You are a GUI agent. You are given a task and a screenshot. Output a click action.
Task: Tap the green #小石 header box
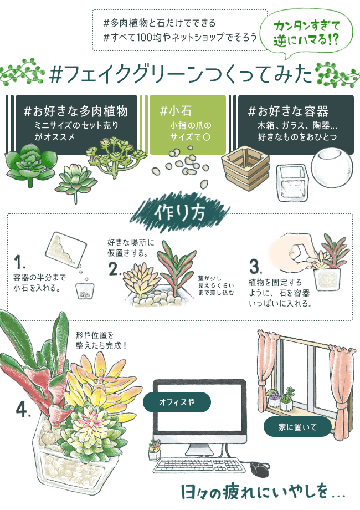pos(187,125)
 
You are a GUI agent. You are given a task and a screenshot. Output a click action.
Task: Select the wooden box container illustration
pos(245,168)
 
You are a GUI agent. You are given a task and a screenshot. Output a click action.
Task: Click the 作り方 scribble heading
pos(180,213)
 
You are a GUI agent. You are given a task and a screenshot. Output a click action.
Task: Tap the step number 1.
pos(19,262)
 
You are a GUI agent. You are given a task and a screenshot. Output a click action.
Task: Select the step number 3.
pos(255,267)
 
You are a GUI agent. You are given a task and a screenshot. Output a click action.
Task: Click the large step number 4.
pos(23,410)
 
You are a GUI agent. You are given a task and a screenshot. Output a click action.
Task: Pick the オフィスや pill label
pos(177,402)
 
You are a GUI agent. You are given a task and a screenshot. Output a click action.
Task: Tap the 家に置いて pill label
pos(297,427)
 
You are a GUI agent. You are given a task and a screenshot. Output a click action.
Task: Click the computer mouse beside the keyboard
pos(259,468)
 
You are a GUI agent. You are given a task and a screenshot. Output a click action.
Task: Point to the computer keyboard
pos(199,465)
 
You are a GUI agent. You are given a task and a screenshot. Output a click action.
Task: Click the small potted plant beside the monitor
pos(154,450)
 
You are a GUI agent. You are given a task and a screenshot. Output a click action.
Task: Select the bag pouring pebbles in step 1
pos(65,248)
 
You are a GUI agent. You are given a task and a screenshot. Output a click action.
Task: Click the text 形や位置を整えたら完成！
pos(101,340)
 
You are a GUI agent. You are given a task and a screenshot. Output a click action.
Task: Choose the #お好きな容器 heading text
pos(288,111)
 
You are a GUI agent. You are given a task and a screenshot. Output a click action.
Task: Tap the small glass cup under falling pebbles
pos(85,291)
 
